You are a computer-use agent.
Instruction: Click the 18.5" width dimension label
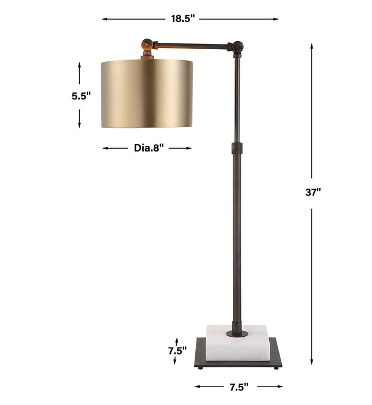183,19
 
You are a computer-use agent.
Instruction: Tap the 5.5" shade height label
81,96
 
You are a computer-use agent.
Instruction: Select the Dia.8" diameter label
149,148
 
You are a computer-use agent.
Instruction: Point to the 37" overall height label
313,193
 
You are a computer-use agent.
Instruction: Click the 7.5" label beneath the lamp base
237,386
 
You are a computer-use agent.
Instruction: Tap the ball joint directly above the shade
148,45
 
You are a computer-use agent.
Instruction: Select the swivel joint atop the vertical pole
237,47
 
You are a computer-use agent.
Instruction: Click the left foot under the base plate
199,367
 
